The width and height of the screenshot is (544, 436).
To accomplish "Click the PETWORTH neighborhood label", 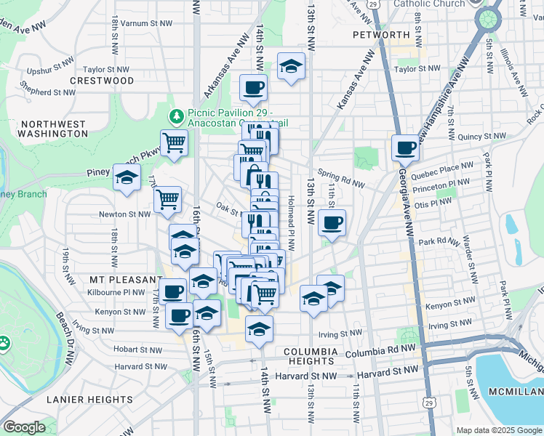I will click(381, 34).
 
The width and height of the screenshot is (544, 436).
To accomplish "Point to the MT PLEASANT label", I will click(126, 279).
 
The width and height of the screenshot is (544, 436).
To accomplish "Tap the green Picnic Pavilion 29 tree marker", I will click(176, 116).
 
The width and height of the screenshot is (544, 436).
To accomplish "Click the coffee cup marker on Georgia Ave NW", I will click(405, 148).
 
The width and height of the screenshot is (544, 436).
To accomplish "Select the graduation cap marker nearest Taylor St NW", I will click(292, 67).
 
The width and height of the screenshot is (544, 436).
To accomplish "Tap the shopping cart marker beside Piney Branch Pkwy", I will click(175, 142).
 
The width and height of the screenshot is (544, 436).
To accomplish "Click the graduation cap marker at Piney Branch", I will click(127, 177).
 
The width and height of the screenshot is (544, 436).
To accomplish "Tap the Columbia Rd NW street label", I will click(382, 352).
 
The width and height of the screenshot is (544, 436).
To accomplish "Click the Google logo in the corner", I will click(24, 427).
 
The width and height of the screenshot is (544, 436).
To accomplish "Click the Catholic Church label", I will click(428, 4).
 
